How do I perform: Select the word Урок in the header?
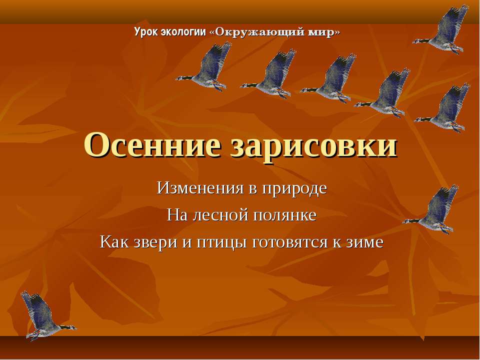145,32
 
